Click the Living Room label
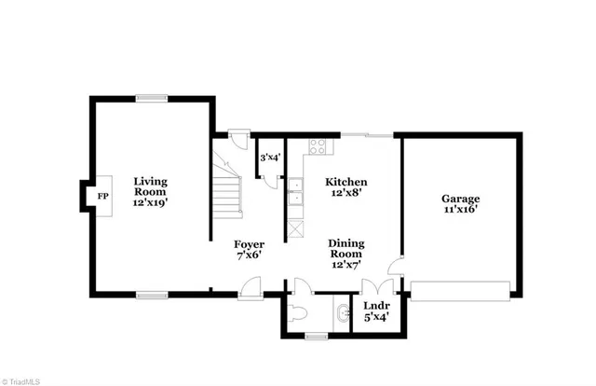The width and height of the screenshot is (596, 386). (149, 182)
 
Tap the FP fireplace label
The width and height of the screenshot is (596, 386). (102, 196)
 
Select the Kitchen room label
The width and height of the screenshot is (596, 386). (345, 182)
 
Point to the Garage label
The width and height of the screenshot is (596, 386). (461, 199)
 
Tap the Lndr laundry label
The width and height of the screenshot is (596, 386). (375, 305)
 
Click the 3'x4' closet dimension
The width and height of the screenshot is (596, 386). (270, 158)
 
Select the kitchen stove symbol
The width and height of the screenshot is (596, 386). (317, 147)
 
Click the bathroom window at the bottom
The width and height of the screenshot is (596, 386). (317, 335)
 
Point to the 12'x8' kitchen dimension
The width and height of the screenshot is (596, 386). (345, 195)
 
